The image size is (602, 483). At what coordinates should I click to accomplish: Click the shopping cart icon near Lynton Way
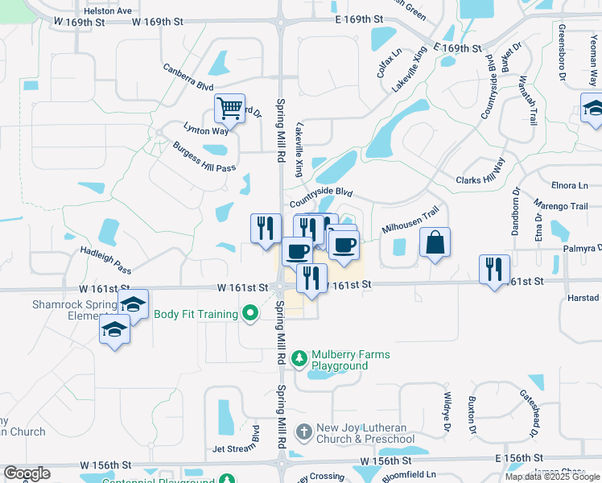click(x=230, y=109)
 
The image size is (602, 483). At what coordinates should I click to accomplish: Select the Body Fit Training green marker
click(x=250, y=314)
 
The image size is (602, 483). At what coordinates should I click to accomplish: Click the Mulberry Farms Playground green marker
click(x=299, y=356)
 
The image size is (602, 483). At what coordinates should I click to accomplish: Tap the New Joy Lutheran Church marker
click(x=303, y=433)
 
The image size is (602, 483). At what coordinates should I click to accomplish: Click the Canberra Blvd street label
click(x=188, y=77)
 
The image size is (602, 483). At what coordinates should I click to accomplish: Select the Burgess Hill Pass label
click(x=204, y=157)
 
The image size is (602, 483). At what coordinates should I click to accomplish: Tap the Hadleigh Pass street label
click(x=105, y=260)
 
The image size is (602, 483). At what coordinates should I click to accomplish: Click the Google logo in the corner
click(x=27, y=473)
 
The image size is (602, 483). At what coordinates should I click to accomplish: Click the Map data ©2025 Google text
click(x=551, y=477)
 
